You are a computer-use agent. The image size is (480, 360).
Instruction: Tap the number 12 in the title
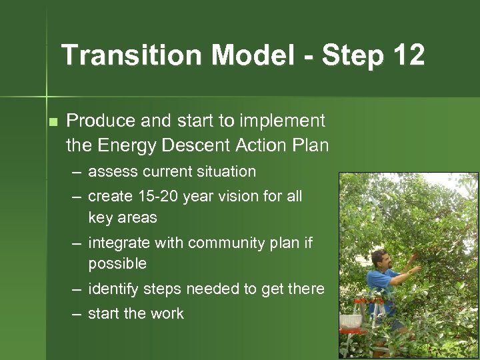click(408, 55)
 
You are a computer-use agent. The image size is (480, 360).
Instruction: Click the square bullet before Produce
click(53, 122)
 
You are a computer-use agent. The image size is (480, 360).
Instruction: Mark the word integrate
click(118, 243)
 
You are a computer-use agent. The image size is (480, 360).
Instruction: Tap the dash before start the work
click(77, 314)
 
